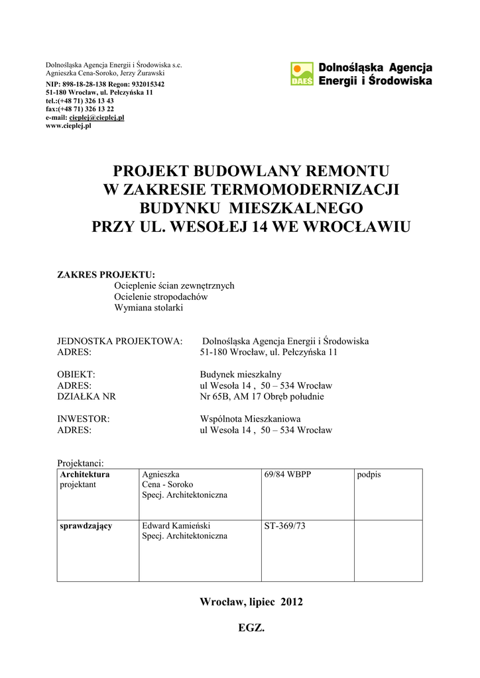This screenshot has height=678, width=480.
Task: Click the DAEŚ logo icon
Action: pyautogui.click(x=302, y=73)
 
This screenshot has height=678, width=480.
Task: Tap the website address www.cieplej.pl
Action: pyautogui.click(x=68, y=125)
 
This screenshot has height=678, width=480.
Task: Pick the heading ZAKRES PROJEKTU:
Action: pyautogui.click(x=106, y=274)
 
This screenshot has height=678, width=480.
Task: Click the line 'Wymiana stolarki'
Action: pyautogui.click(x=149, y=308)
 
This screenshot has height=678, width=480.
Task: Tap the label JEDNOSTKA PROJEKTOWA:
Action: pyautogui.click(x=120, y=341)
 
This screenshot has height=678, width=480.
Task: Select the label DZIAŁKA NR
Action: pyautogui.click(x=87, y=397)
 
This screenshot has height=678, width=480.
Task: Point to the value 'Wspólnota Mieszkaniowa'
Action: pyautogui.click(x=251, y=418)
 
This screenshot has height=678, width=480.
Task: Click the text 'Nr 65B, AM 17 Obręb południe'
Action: pyautogui.click(x=262, y=397)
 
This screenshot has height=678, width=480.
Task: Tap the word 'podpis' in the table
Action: pyautogui.click(x=369, y=475)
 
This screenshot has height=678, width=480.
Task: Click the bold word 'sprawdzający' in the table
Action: pyautogui.click(x=86, y=526)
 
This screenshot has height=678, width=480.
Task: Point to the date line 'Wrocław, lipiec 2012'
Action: pyautogui.click(x=251, y=602)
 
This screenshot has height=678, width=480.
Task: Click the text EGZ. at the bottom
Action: pyautogui.click(x=251, y=628)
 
